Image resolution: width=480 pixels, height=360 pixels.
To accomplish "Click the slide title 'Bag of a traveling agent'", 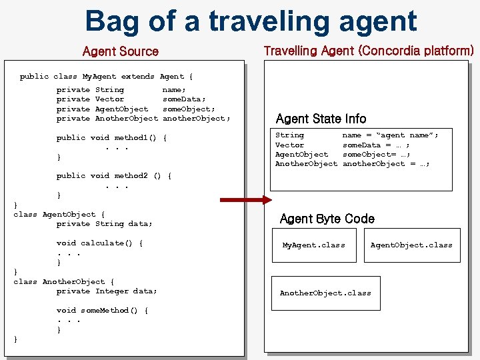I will [251, 21].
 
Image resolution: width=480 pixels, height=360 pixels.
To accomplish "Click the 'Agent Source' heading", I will [120, 51].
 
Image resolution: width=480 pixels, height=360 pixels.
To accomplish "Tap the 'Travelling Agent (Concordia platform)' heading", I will [369, 51].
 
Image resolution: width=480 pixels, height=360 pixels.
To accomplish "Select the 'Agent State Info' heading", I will [321, 119].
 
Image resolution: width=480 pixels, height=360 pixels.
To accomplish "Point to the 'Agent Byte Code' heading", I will [327, 219].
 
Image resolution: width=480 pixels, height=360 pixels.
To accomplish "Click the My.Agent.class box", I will [313, 245].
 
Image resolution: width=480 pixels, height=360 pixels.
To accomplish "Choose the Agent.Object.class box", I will [411, 245].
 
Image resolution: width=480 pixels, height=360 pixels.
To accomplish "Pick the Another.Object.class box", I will [325, 293].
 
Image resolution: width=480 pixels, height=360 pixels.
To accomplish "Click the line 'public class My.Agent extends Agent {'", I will [106, 77].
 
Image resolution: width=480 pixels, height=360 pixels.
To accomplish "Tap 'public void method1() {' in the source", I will [111, 138].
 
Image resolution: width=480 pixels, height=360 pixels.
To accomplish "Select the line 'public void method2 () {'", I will [114, 176].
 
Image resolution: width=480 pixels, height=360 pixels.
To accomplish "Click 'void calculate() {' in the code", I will [99, 243].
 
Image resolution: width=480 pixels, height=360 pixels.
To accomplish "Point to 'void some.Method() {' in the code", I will [102, 311].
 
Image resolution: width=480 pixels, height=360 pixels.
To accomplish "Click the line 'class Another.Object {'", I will [64, 282].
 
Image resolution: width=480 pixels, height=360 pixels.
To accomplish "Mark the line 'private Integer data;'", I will [107, 291].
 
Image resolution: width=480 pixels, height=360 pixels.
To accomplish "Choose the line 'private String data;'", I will [104, 224].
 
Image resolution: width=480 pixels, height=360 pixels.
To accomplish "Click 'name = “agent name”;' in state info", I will [390, 135].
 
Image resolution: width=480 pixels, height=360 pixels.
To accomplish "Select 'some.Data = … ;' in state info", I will [376, 145].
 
